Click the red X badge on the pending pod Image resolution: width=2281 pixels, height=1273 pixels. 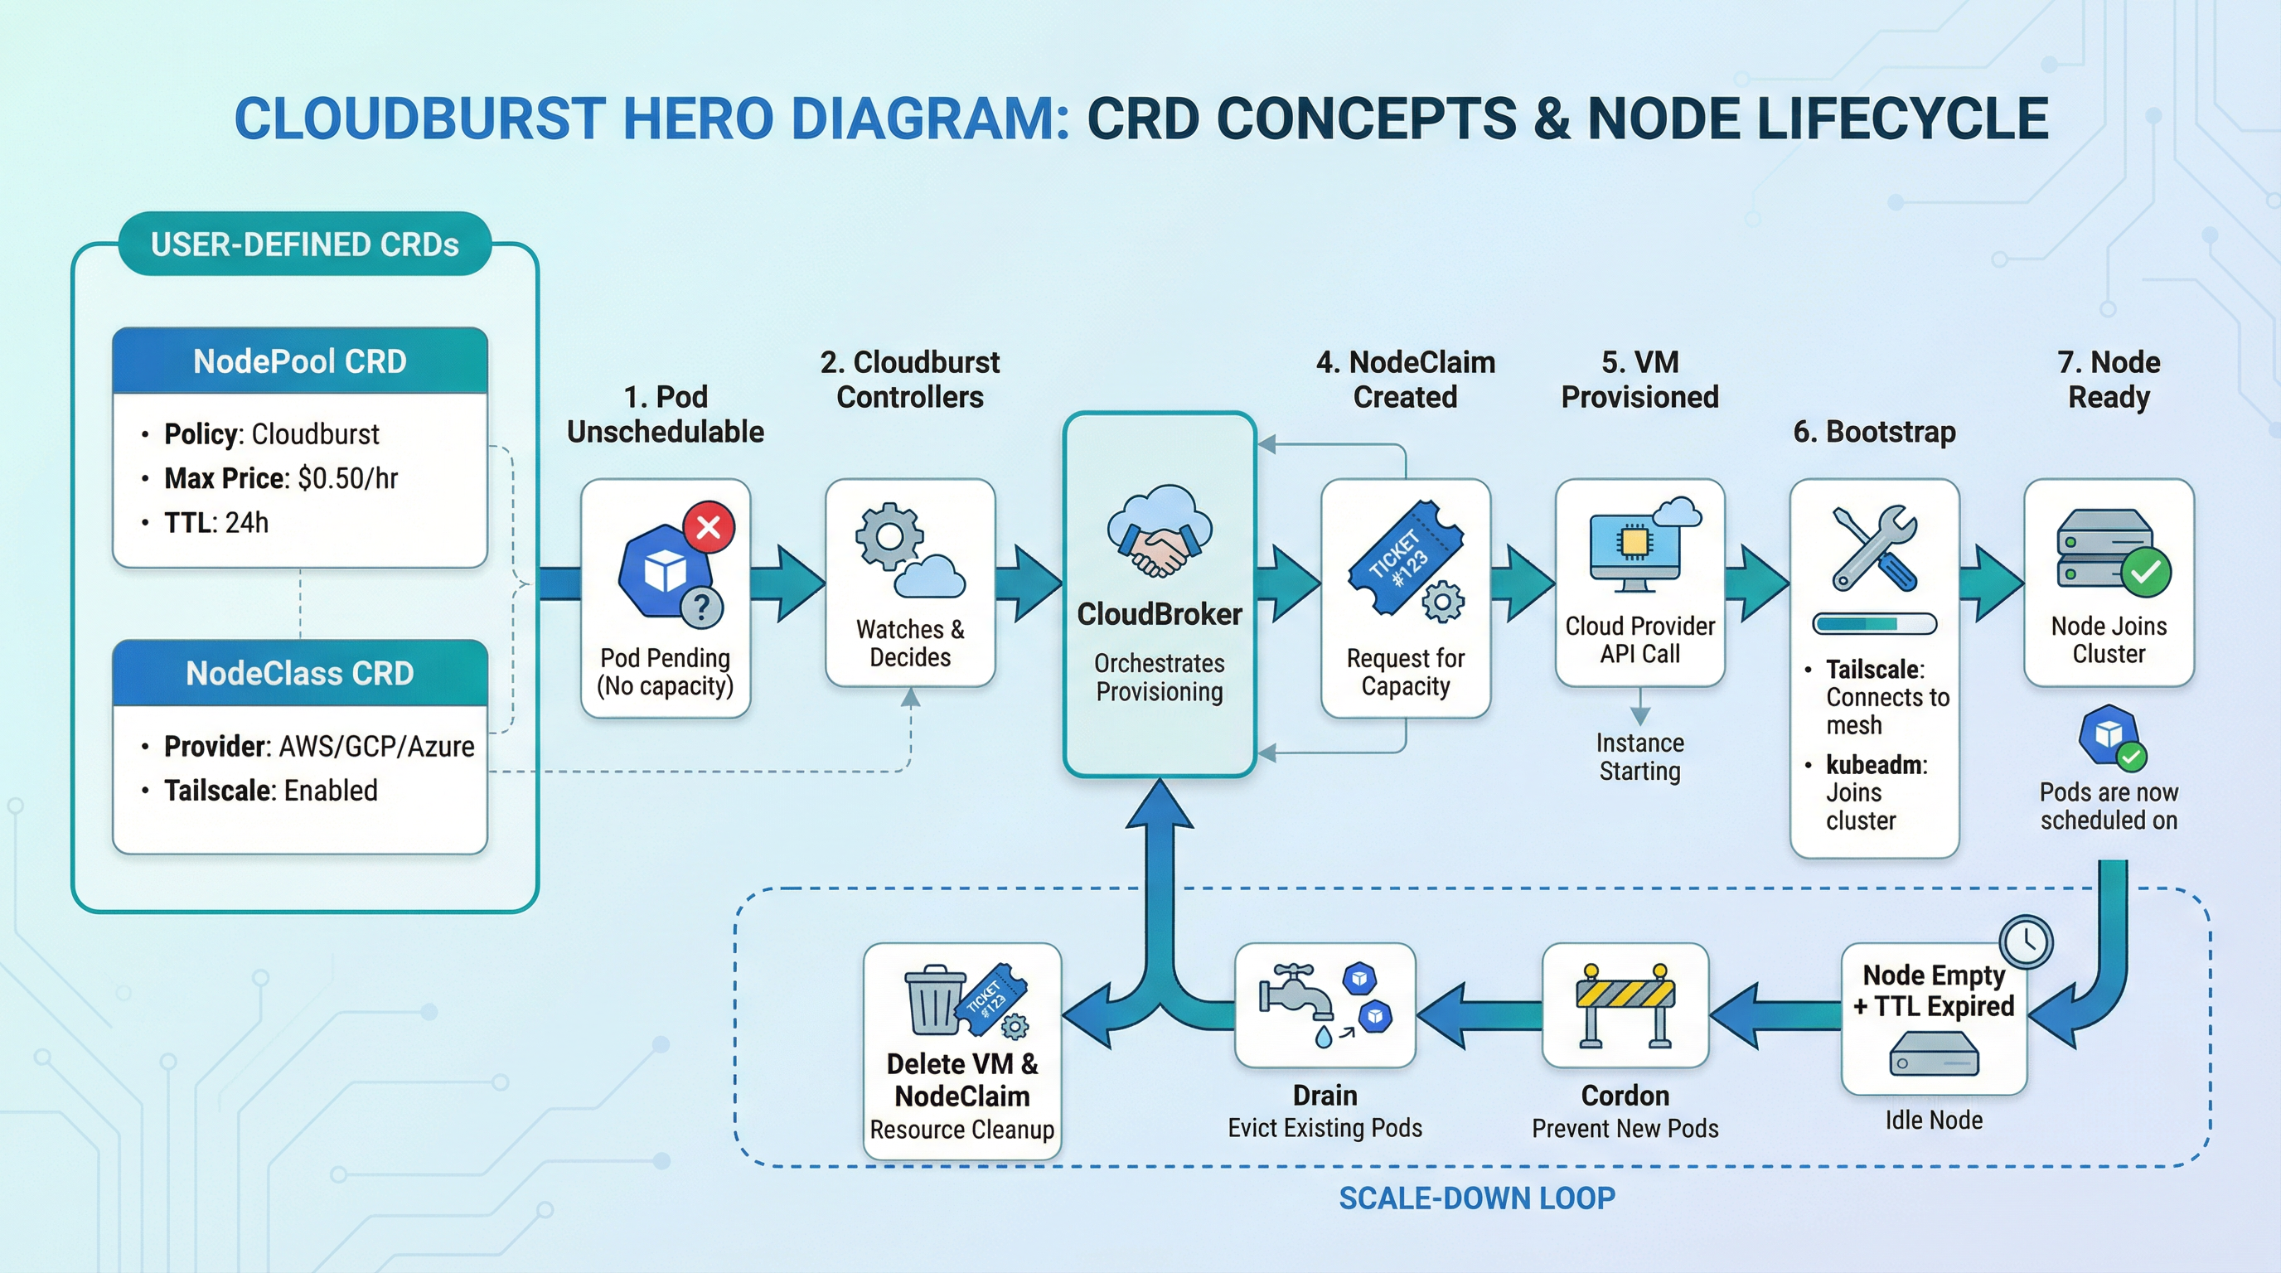point(709,528)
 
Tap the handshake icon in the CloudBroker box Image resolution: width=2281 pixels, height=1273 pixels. point(1159,551)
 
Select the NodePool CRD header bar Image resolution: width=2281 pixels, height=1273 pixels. point(300,361)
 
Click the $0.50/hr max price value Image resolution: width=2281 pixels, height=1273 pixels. point(348,479)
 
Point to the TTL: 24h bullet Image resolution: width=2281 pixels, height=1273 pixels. point(216,523)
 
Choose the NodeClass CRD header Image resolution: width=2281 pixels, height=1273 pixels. point(300,674)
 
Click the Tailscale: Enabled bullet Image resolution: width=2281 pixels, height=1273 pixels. point(270,791)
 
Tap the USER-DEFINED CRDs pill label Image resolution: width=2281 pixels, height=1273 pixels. point(305,244)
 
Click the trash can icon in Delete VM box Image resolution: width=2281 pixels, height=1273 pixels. point(934,1000)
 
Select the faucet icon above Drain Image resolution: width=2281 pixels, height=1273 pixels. point(1298,997)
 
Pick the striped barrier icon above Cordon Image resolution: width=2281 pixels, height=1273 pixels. point(1625,1004)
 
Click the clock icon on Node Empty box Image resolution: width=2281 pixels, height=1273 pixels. point(2026,941)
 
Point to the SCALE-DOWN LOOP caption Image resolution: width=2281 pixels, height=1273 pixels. point(1476,1198)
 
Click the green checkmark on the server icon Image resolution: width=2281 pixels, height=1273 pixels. point(2146,573)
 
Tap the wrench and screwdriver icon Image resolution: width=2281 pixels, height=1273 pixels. point(1875,548)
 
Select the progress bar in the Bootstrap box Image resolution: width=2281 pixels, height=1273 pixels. point(1875,624)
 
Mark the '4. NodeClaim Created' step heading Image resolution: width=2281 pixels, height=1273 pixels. point(1405,379)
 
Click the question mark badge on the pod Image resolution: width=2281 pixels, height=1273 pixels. point(701,607)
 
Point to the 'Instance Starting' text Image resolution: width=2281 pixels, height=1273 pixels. point(1640,757)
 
